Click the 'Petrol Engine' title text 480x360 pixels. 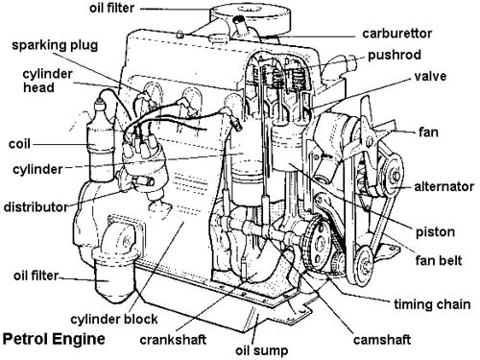[54, 340]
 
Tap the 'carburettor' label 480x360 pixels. [396, 34]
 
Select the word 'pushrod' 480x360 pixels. [395, 55]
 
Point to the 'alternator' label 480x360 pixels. [444, 186]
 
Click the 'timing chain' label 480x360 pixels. [432, 304]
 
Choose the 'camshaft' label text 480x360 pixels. [382, 340]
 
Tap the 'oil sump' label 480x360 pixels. [262, 350]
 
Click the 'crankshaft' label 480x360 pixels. [173, 340]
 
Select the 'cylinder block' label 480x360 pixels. [114, 319]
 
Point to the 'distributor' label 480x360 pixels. [36, 207]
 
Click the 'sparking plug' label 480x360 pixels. [55, 45]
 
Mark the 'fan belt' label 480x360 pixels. [439, 260]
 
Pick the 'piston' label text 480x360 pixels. [435, 232]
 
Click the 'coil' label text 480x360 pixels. [19, 144]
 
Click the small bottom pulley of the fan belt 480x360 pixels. [365, 265]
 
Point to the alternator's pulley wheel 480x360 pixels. [393, 176]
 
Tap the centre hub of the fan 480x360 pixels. [369, 140]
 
